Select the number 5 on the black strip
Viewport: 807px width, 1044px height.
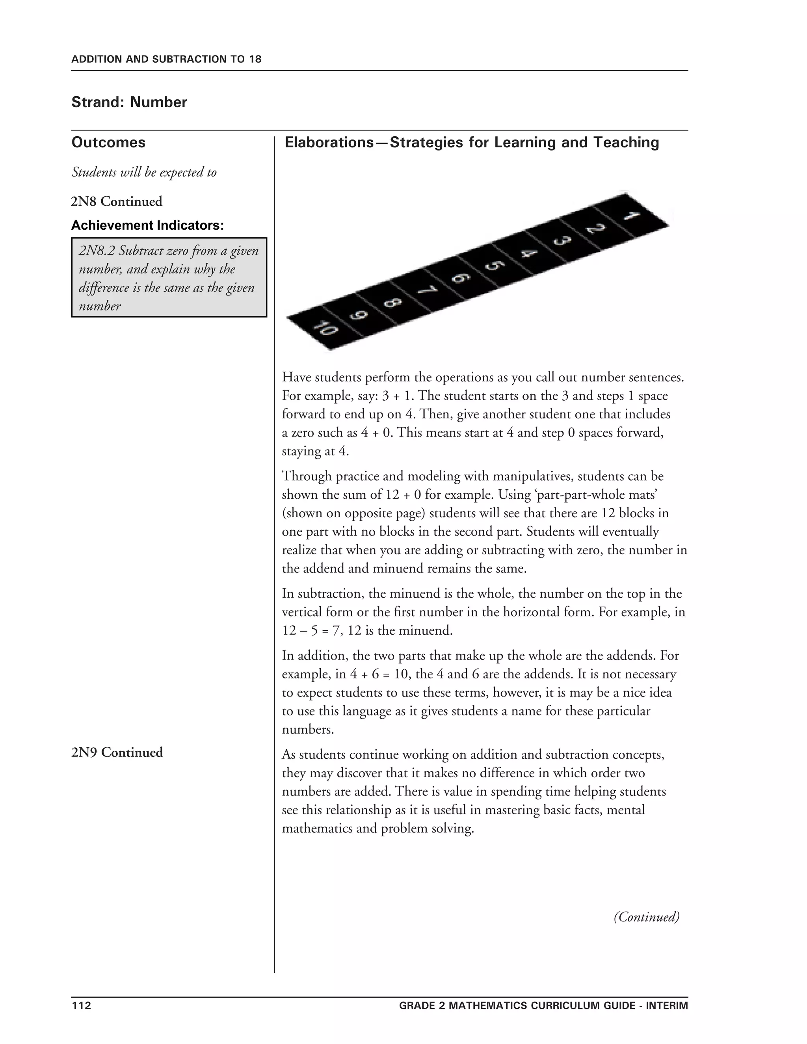click(495, 265)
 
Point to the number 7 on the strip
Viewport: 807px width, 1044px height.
click(426, 290)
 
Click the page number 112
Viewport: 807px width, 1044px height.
click(81, 1005)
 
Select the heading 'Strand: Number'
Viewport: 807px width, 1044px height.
click(129, 102)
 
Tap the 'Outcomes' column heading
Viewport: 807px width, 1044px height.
click(108, 143)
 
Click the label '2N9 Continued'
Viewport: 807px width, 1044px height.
click(117, 752)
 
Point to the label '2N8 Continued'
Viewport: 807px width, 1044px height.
click(117, 201)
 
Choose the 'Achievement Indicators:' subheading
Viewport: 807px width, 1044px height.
click(148, 225)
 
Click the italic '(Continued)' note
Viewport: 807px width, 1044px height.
click(646, 916)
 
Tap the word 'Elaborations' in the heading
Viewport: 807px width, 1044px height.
click(329, 143)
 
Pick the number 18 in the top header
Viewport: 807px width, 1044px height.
click(255, 59)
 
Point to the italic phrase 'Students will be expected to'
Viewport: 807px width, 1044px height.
click(144, 172)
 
